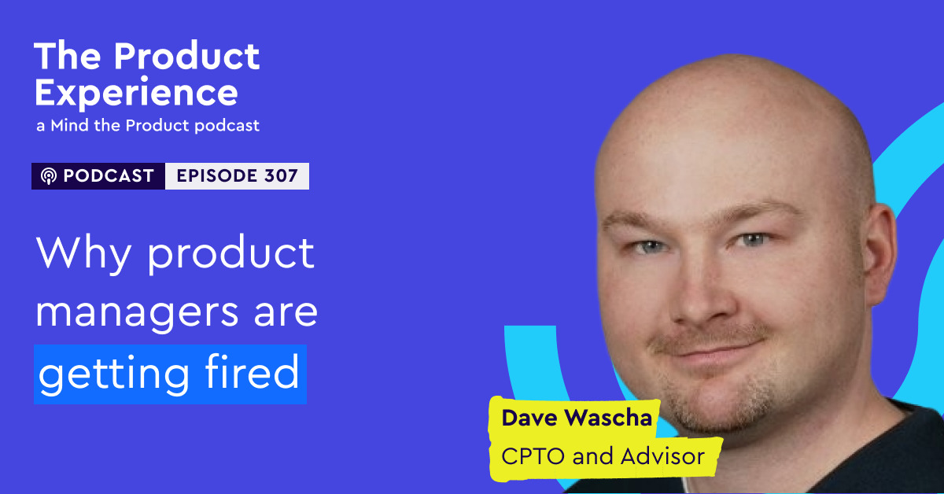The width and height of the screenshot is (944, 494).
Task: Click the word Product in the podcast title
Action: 186,57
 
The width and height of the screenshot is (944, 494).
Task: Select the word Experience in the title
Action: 136,93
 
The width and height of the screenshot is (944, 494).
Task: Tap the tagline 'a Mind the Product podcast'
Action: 146,126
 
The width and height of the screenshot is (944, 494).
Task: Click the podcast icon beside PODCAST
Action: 49,177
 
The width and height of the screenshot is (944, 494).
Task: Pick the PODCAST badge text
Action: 108,176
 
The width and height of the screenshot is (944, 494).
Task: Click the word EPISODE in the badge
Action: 214,176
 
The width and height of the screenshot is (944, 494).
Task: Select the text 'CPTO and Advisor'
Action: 603,455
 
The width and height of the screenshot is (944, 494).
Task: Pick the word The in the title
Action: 67,57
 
